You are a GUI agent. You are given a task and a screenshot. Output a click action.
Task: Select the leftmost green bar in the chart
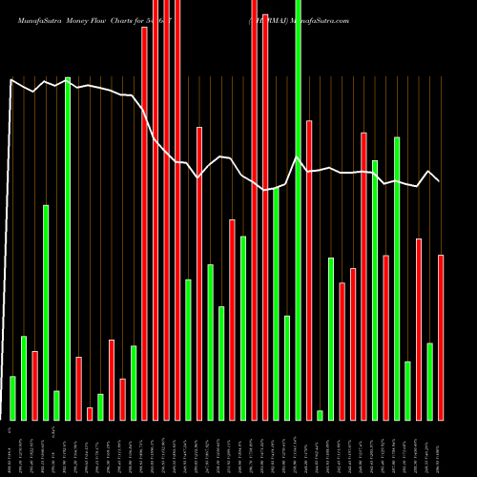click(12, 398)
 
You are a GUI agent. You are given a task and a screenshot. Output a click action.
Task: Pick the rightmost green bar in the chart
click(429, 381)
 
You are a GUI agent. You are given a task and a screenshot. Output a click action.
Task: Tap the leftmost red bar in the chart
click(34, 385)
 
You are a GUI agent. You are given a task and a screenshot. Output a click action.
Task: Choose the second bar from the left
click(24, 378)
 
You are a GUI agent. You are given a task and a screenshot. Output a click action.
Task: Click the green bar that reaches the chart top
click(299, 210)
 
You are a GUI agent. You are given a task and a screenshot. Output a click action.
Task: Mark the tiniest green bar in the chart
click(320, 415)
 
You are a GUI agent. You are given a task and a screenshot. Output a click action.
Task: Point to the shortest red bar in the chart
click(90, 413)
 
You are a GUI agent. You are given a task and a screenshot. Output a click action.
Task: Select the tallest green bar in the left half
click(68, 248)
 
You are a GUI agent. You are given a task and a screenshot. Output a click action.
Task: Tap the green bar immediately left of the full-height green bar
click(287, 367)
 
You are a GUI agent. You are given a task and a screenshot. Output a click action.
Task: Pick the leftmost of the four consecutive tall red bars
click(144, 223)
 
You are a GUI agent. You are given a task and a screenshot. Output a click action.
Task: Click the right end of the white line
click(440, 181)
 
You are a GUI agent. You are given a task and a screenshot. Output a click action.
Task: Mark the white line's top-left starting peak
click(11, 80)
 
